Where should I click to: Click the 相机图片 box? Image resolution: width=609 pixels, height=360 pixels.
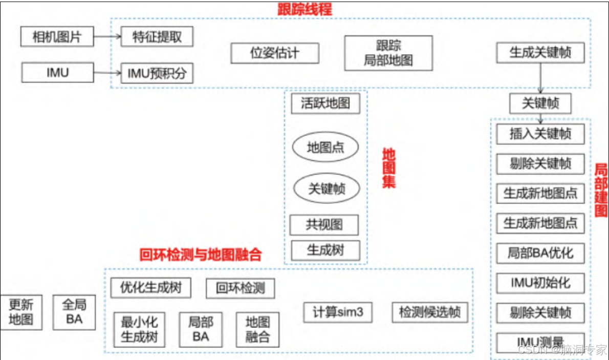pos(57,37)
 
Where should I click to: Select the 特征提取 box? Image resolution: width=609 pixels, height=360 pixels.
pos(157,37)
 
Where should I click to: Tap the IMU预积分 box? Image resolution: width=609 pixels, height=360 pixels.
pos(157,74)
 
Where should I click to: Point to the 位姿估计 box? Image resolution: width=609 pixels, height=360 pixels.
pos(275,53)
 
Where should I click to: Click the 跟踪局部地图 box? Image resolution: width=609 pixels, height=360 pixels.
pos(388,53)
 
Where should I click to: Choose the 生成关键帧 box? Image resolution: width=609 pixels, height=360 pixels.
pos(540,53)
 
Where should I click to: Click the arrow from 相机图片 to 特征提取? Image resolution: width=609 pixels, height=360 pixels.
pos(107,37)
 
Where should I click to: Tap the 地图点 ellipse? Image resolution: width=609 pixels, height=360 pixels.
pos(325,148)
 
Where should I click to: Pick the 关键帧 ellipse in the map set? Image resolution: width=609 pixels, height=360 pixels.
pos(327,188)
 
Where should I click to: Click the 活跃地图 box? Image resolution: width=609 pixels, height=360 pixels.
pos(325,103)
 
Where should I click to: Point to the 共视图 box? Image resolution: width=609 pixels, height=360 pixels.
pos(324,225)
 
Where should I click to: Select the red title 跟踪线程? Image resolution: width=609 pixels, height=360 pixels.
pos(304,9)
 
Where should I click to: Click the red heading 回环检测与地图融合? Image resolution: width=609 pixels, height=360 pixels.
pos(201,255)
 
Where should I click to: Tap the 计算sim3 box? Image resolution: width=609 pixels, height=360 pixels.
pos(338,312)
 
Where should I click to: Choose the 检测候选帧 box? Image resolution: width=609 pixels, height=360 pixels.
pos(430,312)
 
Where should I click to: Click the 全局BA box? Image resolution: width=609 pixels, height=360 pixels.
pos(74,312)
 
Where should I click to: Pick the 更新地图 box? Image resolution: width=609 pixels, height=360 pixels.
pos(21,312)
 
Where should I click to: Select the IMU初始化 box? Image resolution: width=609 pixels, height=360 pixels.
pos(540,282)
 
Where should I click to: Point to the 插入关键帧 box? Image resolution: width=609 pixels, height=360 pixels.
pos(540,134)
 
